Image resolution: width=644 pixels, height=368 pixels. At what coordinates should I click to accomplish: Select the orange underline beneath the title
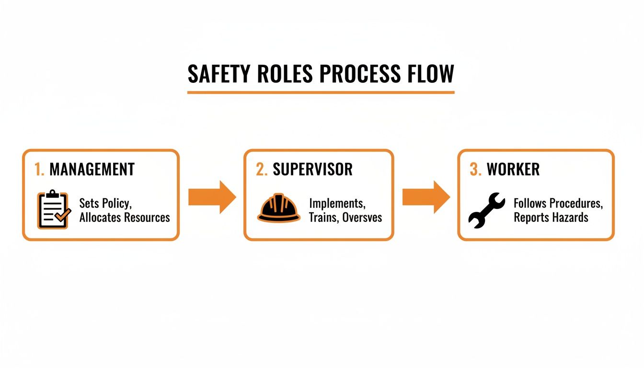point(321,92)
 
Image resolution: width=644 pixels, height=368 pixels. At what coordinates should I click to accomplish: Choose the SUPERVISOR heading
point(312,169)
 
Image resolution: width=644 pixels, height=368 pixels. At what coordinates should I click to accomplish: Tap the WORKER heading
point(513,169)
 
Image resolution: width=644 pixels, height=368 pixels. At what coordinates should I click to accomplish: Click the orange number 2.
point(262,169)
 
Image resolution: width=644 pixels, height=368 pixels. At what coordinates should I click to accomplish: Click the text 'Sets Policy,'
point(104,204)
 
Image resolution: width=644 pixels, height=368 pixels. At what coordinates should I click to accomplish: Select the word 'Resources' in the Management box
point(147,218)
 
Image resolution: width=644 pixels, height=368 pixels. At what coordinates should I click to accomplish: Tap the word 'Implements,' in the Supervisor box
point(337,203)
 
